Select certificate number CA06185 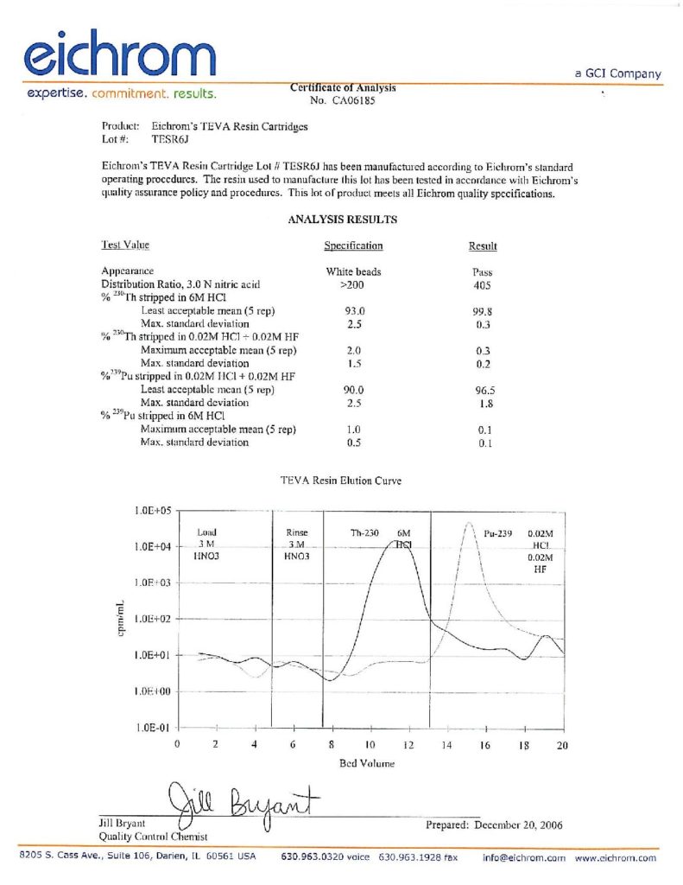pos(352,100)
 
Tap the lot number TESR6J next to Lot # pos(163,138)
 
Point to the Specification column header pos(353,246)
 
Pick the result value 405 pos(483,284)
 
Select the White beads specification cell pos(353,271)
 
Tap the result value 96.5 pos(483,390)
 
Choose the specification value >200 pos(353,284)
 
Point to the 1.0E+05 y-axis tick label pos(153,511)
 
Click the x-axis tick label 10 pos(369,745)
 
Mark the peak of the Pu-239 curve pos(469,523)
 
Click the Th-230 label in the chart pos(364,533)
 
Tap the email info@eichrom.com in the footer pos(524,858)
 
